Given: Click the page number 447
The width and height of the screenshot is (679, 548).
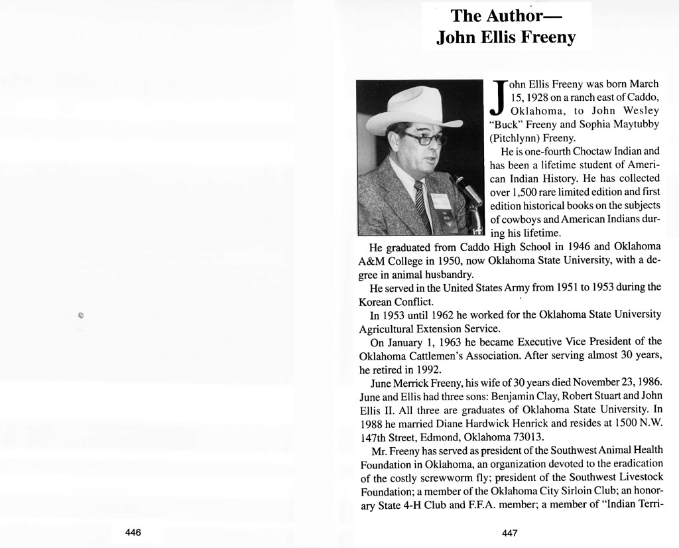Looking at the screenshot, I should point(509,533).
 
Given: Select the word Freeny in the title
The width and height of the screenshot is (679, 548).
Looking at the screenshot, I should point(548,37).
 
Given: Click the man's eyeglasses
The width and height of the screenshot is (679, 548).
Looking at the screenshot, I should point(423,139).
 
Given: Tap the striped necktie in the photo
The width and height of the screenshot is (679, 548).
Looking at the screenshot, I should point(422,205).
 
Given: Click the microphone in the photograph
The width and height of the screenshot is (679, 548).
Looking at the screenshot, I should point(467,189).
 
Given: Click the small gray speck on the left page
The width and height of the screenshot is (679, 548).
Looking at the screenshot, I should point(81,315).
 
